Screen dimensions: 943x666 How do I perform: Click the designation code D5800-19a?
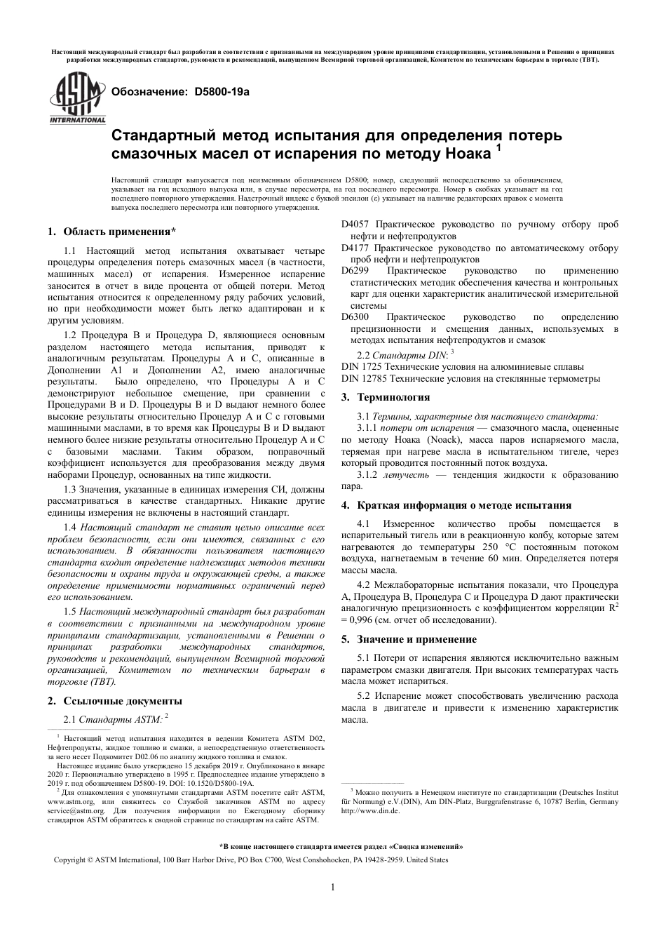[x=222, y=92]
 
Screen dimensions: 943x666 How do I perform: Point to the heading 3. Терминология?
[x=385, y=397]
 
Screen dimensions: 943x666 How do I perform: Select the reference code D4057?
[x=355, y=225]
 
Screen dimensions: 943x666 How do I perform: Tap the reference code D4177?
[x=355, y=248]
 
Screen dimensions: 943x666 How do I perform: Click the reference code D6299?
[x=355, y=271]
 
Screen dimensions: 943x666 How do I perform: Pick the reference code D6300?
[x=355, y=317]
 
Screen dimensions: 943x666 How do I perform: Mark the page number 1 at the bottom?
[x=332, y=888]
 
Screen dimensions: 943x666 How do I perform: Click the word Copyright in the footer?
[x=71, y=860]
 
